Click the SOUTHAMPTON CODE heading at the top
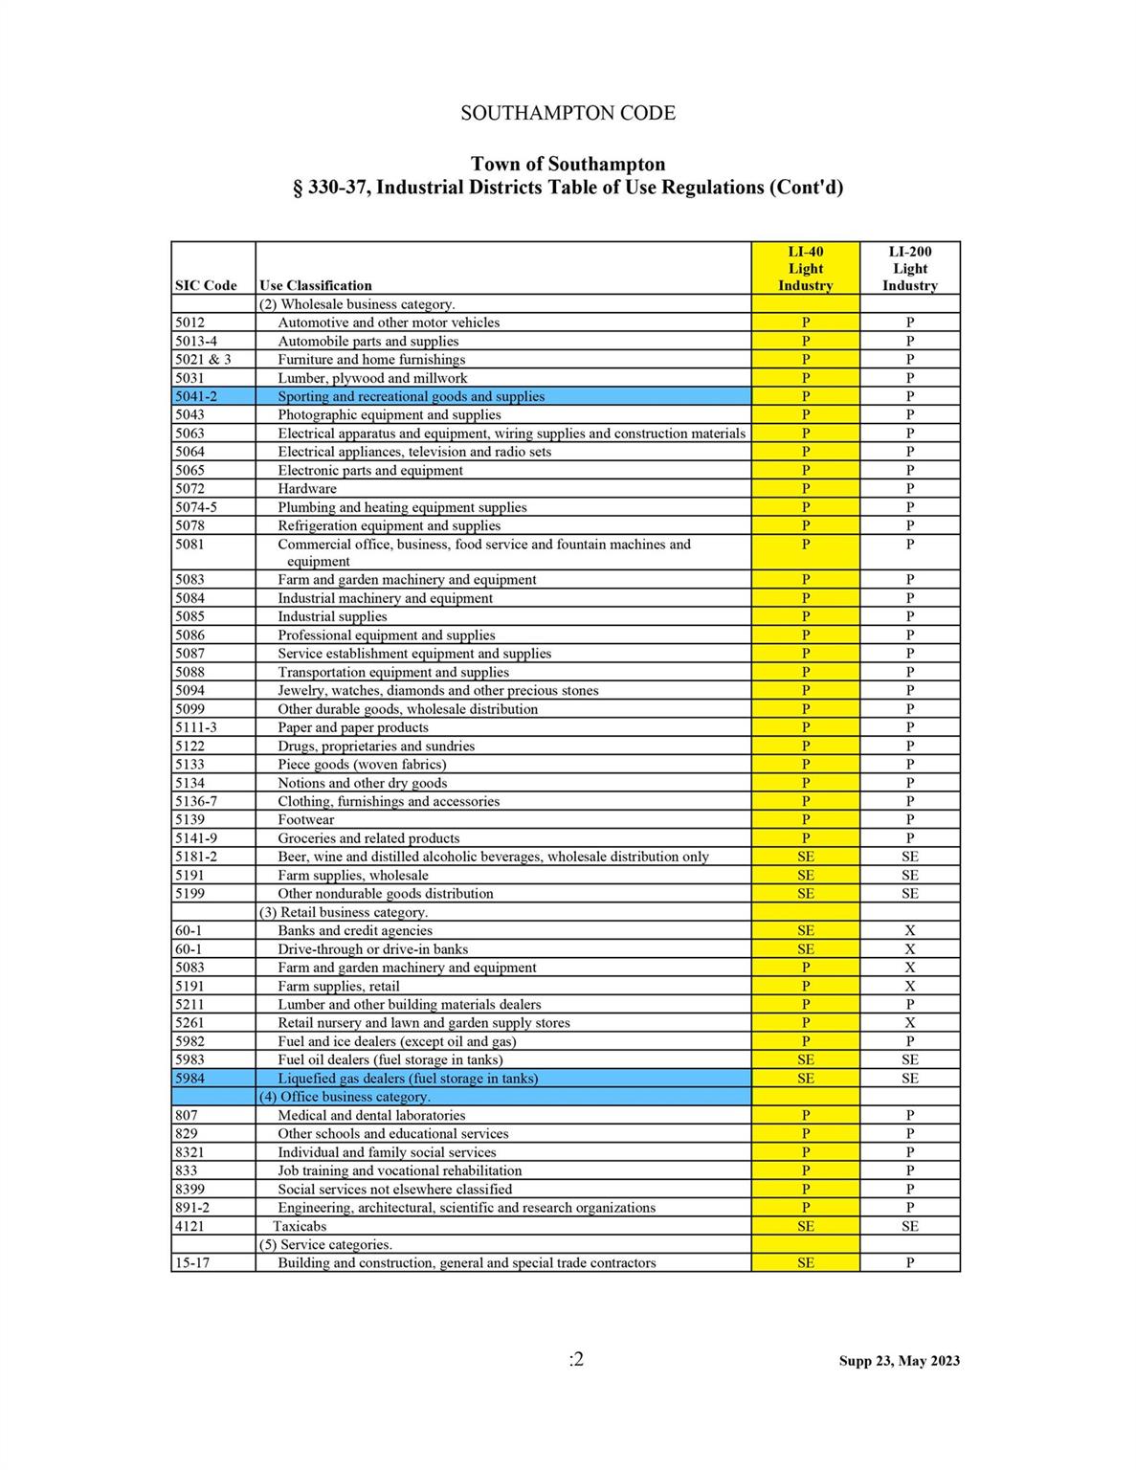click(x=568, y=113)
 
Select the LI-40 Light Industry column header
click(x=805, y=269)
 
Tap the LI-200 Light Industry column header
click(x=909, y=269)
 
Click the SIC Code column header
click(x=206, y=285)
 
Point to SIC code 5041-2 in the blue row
click(x=196, y=396)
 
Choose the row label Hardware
click(x=307, y=488)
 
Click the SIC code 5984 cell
click(x=189, y=1078)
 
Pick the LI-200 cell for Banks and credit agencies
click(x=909, y=930)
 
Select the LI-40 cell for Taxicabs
click(x=805, y=1226)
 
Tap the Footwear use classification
click(x=306, y=819)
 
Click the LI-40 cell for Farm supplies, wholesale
click(x=805, y=875)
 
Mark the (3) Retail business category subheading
click(x=344, y=912)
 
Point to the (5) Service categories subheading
click(x=325, y=1244)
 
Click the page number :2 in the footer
click(x=576, y=1359)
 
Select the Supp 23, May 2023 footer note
click(x=899, y=1361)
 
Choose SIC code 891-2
click(x=192, y=1208)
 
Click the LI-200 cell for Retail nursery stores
click(x=909, y=1022)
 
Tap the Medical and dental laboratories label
click(x=371, y=1115)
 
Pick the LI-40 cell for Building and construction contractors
click(x=805, y=1262)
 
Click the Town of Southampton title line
click(x=568, y=164)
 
